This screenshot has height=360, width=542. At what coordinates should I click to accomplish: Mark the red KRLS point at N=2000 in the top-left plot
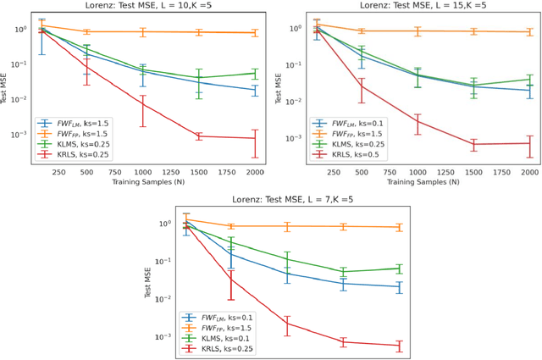click(256, 139)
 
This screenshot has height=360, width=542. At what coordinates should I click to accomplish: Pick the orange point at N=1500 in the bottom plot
click(344, 226)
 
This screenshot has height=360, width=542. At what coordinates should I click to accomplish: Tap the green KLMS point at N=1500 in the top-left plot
click(200, 78)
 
